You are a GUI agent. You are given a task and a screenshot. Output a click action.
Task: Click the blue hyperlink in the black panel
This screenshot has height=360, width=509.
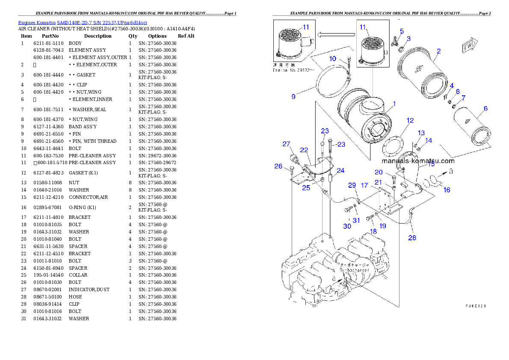click(82, 23)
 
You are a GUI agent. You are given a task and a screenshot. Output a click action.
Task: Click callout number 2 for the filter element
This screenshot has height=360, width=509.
click(438, 51)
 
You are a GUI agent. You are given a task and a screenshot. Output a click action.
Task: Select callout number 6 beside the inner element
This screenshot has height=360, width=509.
click(485, 109)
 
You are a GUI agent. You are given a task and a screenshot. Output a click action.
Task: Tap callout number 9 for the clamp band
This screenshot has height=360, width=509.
click(293, 97)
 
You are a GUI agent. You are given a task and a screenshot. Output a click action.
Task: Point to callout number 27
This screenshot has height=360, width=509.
click(286, 144)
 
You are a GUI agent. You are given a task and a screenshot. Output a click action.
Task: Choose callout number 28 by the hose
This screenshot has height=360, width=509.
click(412, 238)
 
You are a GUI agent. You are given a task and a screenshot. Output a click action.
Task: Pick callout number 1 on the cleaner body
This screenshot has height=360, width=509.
click(394, 103)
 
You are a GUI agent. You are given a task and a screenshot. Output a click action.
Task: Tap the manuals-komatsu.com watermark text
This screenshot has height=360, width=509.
click(418, 161)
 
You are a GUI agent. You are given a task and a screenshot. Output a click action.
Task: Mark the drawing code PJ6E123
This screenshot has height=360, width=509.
click(476, 306)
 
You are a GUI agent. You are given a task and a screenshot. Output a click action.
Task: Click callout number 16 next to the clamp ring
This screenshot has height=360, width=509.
click(447, 190)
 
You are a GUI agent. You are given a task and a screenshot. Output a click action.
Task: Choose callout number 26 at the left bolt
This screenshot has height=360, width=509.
click(278, 166)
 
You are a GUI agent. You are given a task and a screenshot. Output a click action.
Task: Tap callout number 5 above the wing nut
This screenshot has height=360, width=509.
click(402, 31)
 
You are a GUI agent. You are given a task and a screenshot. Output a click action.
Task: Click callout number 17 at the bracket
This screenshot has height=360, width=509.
click(364, 186)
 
